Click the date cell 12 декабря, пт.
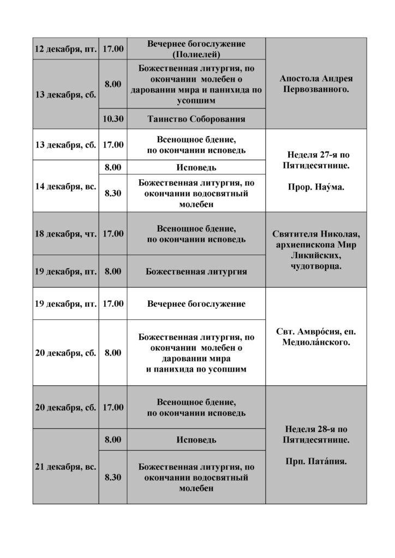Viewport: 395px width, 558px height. tap(65, 48)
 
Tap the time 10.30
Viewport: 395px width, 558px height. tap(113, 119)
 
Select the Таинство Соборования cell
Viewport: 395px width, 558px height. tap(196, 119)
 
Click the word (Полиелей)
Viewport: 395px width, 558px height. tap(196, 54)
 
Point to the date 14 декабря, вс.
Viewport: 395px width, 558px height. tap(65, 186)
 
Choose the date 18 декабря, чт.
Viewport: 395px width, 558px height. tap(65, 234)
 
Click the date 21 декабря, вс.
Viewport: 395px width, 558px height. tap(65, 467)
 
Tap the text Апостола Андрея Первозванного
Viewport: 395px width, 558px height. tap(316, 83)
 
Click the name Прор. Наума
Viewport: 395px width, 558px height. tap(316, 186)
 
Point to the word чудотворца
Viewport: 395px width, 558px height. tap(316, 266)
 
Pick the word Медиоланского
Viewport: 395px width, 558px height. tap(316, 342)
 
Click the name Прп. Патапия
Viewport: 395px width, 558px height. tap(316, 461)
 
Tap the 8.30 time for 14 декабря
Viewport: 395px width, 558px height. tap(113, 193)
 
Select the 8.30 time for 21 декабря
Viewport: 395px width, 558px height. tap(113, 477)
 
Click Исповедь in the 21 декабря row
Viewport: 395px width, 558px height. tap(196, 440)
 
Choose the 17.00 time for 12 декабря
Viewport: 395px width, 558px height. tap(113, 48)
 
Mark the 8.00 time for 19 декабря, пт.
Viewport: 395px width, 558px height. tap(113, 271)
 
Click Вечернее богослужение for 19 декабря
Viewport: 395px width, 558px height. tap(196, 304)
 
